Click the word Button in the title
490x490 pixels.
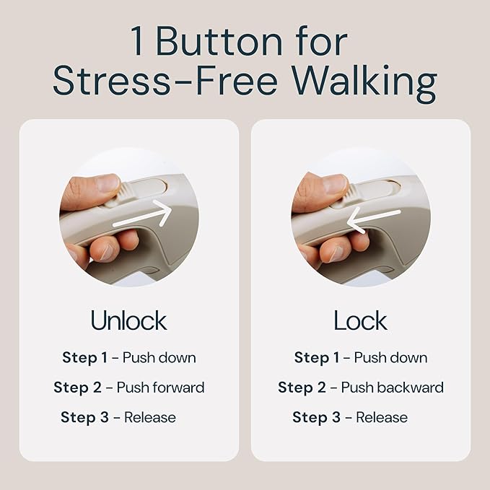219,41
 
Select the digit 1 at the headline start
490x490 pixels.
138,41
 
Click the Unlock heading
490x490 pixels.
128,320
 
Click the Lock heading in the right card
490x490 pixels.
360,320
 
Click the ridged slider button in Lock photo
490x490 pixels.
350,196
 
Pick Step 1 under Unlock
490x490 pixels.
84,357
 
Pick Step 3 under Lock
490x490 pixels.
316,417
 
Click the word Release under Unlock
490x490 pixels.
150,418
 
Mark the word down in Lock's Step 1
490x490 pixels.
412,357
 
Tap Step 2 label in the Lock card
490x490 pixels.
302,388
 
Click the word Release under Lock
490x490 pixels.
382,418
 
